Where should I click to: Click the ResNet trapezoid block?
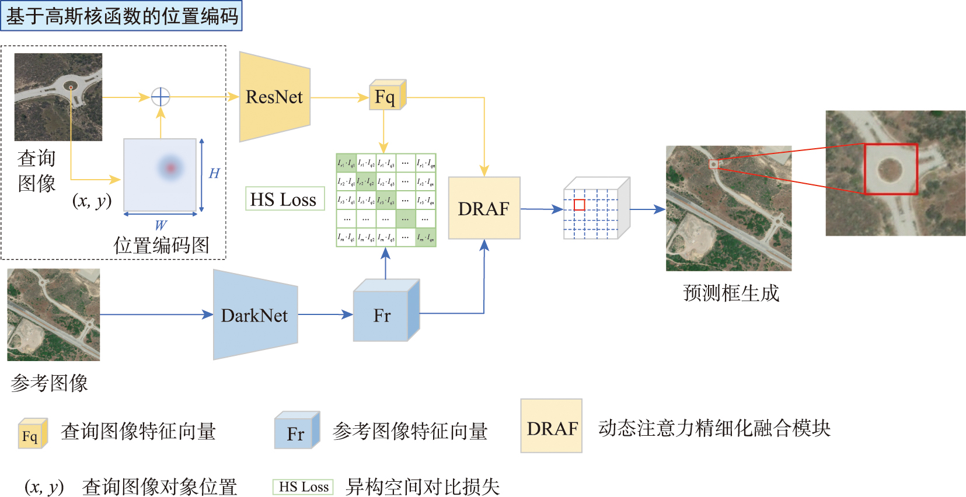[x=274, y=97]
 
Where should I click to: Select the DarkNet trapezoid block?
[x=255, y=316]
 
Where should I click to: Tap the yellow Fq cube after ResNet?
[x=385, y=97]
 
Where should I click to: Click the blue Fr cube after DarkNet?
[x=383, y=316]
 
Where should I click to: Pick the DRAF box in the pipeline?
[x=484, y=208]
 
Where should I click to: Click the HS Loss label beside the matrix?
[x=284, y=199]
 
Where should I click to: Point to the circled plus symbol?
[x=161, y=97]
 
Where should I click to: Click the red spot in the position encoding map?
[x=170, y=168]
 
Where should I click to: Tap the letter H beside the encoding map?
[x=214, y=173]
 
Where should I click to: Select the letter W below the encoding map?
[x=161, y=225]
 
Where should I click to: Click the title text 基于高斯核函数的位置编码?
[x=121, y=16]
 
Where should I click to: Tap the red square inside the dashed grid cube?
[x=579, y=205]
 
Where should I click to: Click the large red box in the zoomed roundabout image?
[x=891, y=169]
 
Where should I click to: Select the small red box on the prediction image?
[x=713, y=164]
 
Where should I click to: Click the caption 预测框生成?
[x=731, y=293]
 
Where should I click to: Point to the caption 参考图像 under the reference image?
[x=50, y=383]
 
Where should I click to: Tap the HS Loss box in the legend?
[x=303, y=487]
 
